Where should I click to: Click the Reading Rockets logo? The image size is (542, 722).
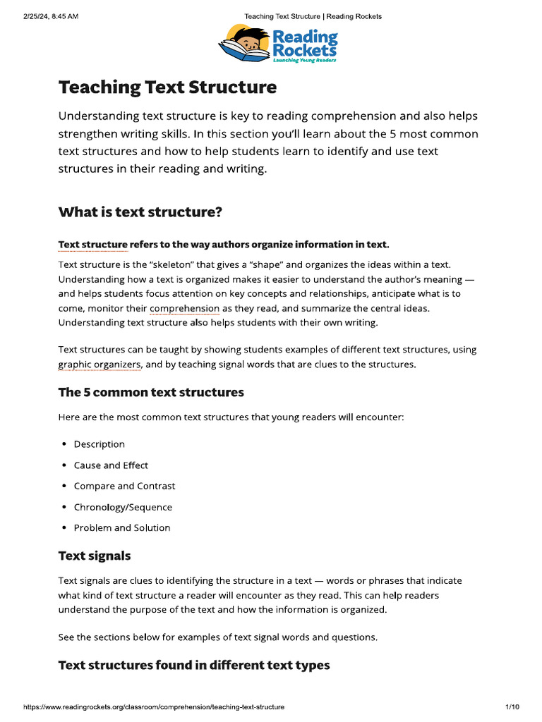point(278,44)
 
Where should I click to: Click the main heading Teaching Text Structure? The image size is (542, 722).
point(167,87)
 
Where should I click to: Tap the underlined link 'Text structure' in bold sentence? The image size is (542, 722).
point(92,245)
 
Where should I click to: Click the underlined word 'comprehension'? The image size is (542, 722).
point(184,309)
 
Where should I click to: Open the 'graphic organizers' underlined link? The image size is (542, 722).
point(100,365)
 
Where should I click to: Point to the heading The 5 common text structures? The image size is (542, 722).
point(151,392)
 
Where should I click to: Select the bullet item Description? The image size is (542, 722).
point(99,444)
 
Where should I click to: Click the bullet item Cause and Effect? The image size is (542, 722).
point(111,465)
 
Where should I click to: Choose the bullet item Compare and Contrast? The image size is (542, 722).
point(124,486)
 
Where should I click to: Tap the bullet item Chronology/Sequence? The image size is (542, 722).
point(123,507)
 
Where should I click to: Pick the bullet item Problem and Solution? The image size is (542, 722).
point(122,527)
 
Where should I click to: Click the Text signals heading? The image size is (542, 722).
point(94,556)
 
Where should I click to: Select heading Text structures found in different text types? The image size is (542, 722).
point(193,665)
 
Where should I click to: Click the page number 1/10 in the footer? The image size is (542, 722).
point(512,706)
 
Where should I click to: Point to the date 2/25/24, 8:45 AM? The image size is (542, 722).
point(50,16)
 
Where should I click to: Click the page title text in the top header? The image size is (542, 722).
point(313,16)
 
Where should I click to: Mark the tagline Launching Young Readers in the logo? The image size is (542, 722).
point(304,61)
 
